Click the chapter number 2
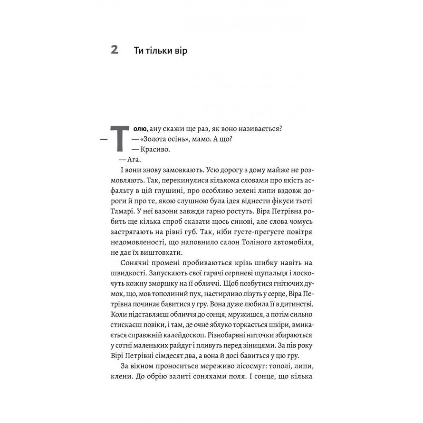click(114, 51)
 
